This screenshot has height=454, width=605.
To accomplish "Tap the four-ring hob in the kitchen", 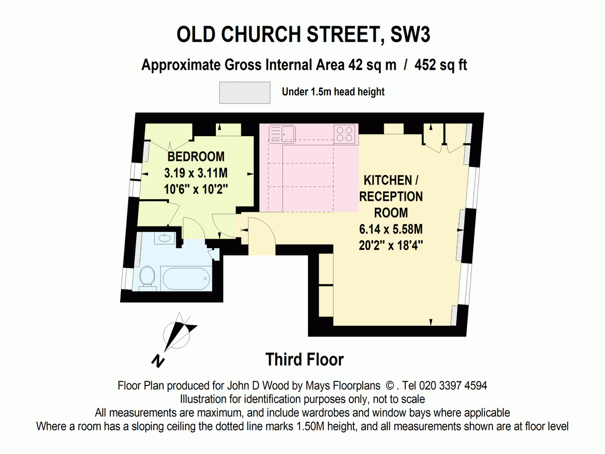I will pos(345,134).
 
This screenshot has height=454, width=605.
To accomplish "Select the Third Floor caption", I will pos(305,360).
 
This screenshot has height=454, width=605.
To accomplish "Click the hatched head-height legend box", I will pos(245,92).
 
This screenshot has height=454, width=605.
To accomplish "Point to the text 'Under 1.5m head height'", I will pos(333,92).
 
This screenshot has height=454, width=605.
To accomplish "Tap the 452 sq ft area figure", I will pos(441,65).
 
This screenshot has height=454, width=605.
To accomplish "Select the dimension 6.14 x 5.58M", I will pos(390,230).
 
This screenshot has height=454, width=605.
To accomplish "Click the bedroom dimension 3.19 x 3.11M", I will pos(196,173).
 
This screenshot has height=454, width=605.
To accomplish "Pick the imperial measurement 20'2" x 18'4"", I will pos(390,247).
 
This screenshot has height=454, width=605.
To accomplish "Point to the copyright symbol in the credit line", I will pos(389,386).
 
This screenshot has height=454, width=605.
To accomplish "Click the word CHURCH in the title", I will pos(261,35).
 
